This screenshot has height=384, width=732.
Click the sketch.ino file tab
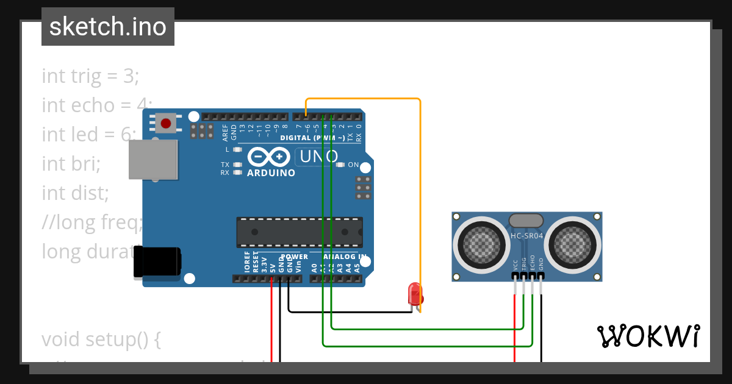pos(108,27)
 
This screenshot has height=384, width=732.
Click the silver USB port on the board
pos(153,160)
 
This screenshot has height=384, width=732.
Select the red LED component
pos(415,294)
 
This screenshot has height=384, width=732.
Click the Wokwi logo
pos(648,336)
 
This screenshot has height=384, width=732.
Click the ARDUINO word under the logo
pos(271,173)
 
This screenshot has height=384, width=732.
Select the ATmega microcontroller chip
pos(300,232)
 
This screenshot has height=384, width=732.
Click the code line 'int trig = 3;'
pos(90,76)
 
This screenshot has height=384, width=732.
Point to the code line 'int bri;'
pos(71,164)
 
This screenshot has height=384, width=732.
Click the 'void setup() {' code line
pos(101,339)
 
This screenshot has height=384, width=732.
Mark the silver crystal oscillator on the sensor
pos(526,221)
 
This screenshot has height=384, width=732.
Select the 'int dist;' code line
pos(75,193)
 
